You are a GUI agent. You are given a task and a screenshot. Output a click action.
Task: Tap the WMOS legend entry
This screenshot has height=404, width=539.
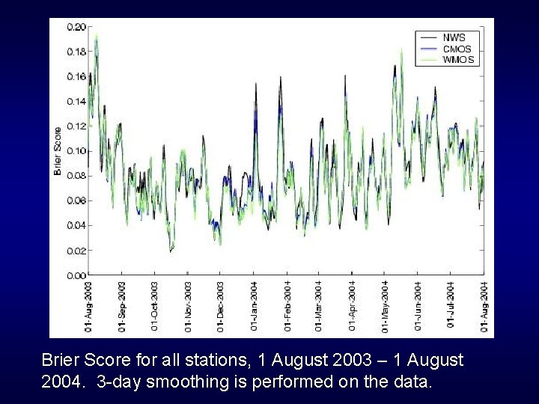pyautogui.click(x=457, y=60)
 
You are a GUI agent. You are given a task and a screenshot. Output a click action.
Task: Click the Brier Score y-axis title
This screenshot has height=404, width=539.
pyautogui.click(x=57, y=150)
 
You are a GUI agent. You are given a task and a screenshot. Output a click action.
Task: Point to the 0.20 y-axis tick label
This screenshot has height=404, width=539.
pyautogui.click(x=76, y=27)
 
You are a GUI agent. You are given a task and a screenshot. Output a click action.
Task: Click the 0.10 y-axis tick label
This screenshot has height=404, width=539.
pyautogui.click(x=76, y=150)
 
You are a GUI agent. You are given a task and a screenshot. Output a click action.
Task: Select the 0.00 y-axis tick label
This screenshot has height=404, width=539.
pyautogui.click(x=76, y=275)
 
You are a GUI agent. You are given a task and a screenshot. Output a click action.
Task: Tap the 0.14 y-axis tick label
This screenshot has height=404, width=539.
pyautogui.click(x=76, y=101)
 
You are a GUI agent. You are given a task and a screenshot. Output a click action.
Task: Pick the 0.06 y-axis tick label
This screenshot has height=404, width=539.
pyautogui.click(x=76, y=201)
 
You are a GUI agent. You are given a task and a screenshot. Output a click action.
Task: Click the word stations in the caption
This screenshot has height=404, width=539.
pyautogui.click(x=216, y=361)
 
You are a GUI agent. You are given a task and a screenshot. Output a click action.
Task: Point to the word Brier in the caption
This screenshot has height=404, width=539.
pyautogui.click(x=63, y=361)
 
